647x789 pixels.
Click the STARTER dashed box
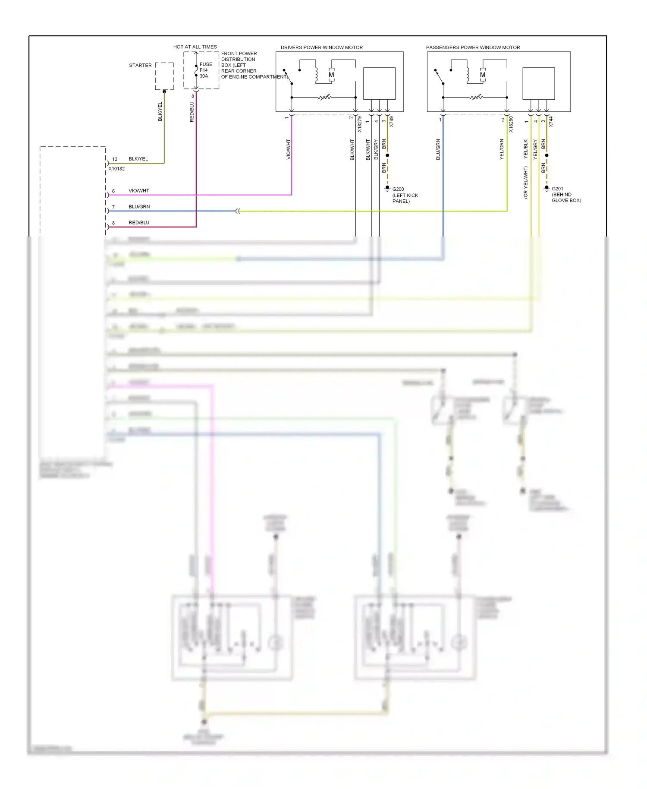(164, 76)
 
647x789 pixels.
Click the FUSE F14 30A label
(206, 70)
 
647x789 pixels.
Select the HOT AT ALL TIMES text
(195, 47)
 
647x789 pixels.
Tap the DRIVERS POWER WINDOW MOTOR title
(321, 47)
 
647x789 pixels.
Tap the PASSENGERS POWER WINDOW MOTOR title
(473, 47)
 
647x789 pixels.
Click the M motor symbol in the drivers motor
(331, 75)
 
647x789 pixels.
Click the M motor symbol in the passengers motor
(483, 75)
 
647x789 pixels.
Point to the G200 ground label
(398, 189)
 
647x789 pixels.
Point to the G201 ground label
(557, 189)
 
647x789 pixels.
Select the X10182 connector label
(116, 169)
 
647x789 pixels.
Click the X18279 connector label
(359, 124)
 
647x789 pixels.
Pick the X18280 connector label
(511, 124)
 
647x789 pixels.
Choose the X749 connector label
(391, 122)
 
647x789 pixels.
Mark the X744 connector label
(550, 122)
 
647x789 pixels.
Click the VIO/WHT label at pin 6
(138, 191)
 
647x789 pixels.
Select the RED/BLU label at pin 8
(139, 223)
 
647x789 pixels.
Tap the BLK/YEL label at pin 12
(138, 159)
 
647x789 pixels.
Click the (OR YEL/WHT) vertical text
(525, 183)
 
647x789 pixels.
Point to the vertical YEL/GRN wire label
(502, 149)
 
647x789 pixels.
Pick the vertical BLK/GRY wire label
(376, 149)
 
